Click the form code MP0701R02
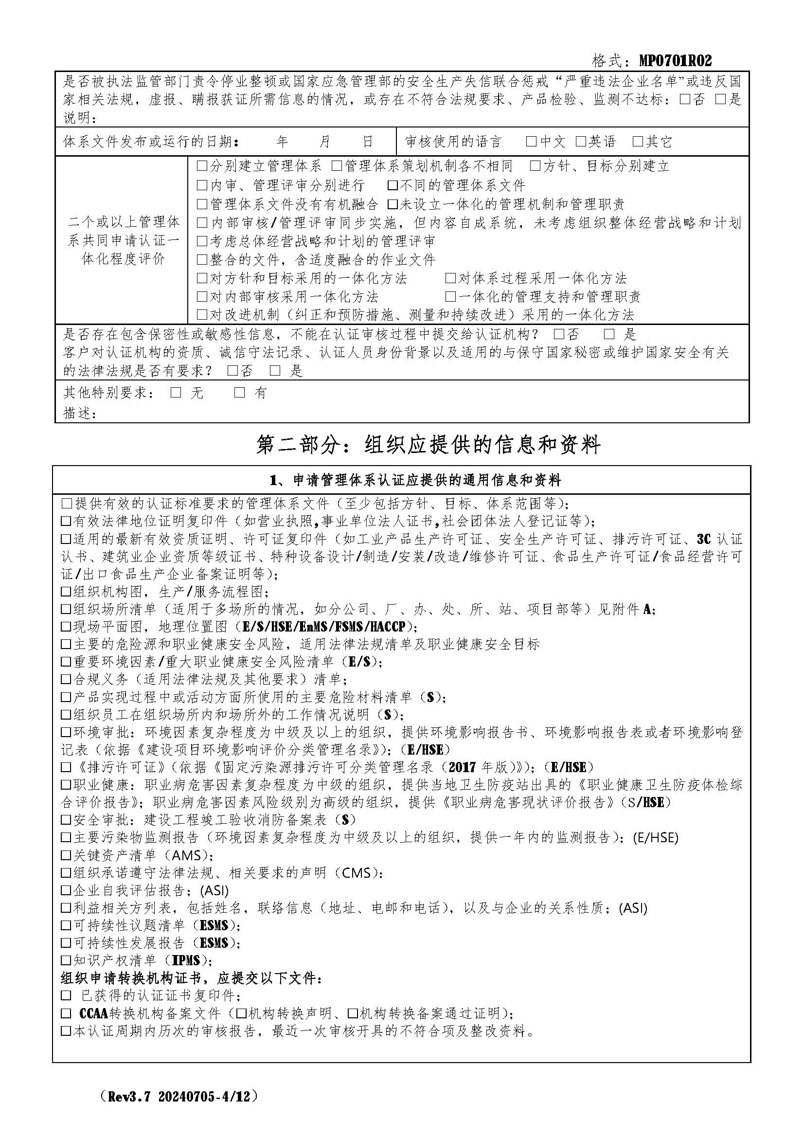pyautogui.click(x=675, y=61)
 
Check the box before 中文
pyautogui.click(x=531, y=142)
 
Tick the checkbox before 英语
pyautogui.click(x=581, y=142)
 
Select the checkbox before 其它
pyautogui.click(x=638, y=142)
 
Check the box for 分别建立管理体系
pyautogui.click(x=202, y=165)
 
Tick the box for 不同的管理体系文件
pyautogui.click(x=393, y=185)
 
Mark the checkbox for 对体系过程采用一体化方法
pyautogui.click(x=450, y=278)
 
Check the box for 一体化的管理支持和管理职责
pyautogui.click(x=450, y=297)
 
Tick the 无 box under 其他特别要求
pyautogui.click(x=176, y=393)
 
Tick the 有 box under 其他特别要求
pyautogui.click(x=240, y=393)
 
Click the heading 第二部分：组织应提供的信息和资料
pyautogui.click(x=428, y=445)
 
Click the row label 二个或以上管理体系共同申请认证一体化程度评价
pyautogui.click(x=123, y=240)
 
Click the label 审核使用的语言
pyautogui.click(x=453, y=142)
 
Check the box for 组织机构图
pyautogui.click(x=66, y=592)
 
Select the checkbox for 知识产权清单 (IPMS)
pyautogui.click(x=66, y=960)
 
